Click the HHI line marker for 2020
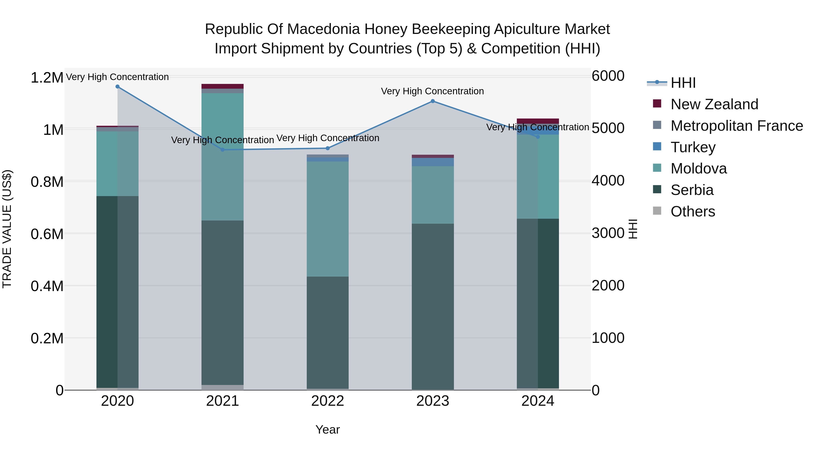[x=117, y=87]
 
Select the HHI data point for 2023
[x=433, y=101]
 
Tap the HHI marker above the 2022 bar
[x=328, y=148]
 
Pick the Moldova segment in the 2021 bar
[x=222, y=157]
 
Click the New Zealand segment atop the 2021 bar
[x=222, y=86]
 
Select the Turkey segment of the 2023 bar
[x=433, y=162]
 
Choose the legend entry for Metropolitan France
[x=736, y=126]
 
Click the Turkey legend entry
[x=693, y=147]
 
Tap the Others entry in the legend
[x=693, y=211]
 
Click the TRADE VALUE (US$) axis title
[x=7, y=229]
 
